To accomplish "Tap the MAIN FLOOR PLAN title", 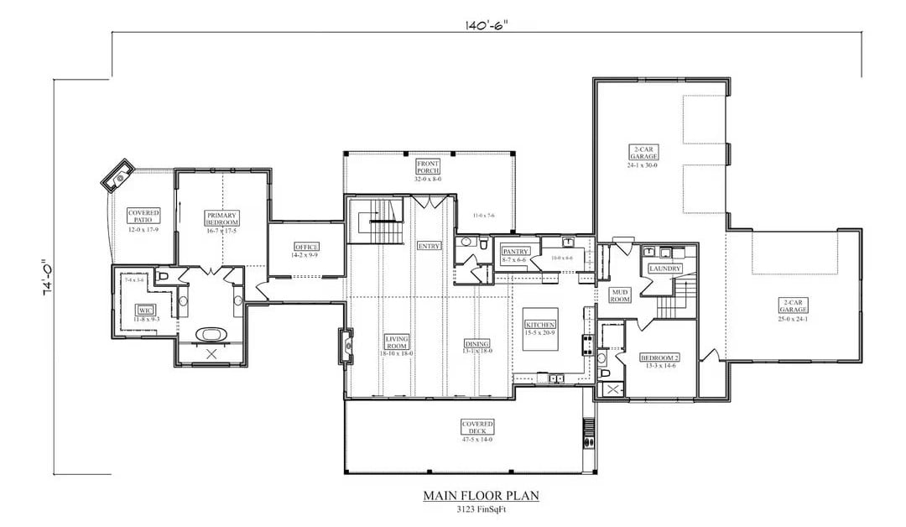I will click(481, 496).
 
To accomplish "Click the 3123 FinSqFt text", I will click(481, 509).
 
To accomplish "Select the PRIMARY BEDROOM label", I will click(222, 218).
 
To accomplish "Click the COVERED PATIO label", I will click(143, 216).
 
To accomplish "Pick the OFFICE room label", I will click(305, 247).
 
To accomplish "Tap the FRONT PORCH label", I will click(428, 166).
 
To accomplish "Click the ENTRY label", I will click(429, 246).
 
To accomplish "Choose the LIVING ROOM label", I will click(396, 341).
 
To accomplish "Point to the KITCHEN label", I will click(540, 324).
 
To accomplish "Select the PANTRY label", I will click(513, 252).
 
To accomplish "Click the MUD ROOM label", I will click(619, 294).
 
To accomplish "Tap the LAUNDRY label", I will click(664, 268).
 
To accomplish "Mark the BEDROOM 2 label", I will click(659, 357).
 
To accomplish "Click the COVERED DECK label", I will click(477, 427).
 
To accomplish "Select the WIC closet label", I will click(143, 310).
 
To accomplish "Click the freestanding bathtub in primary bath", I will click(211, 335).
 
